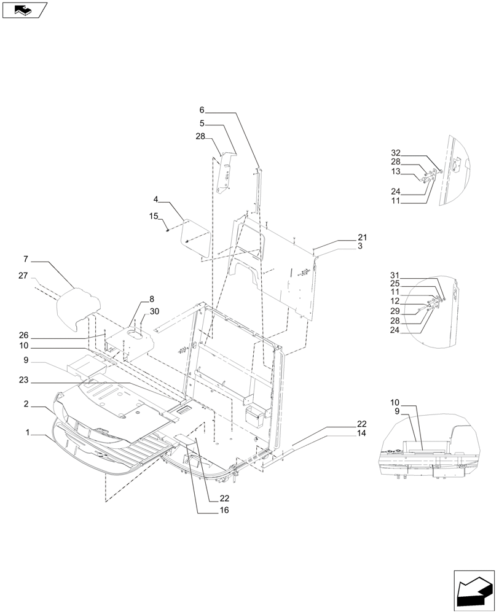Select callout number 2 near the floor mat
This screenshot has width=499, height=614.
27,405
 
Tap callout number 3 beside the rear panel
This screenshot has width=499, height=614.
360,246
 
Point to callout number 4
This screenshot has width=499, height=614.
156,200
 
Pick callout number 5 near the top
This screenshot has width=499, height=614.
202,123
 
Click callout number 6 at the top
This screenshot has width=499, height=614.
202,110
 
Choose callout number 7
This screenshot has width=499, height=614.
27,260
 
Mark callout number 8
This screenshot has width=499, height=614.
152,299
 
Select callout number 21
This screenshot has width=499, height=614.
362,237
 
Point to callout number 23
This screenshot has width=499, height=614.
24,380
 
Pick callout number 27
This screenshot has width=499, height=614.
23,277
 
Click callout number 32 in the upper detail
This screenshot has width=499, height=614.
395,152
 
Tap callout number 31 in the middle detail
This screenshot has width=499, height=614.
395,275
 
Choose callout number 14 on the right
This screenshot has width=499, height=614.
361,433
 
